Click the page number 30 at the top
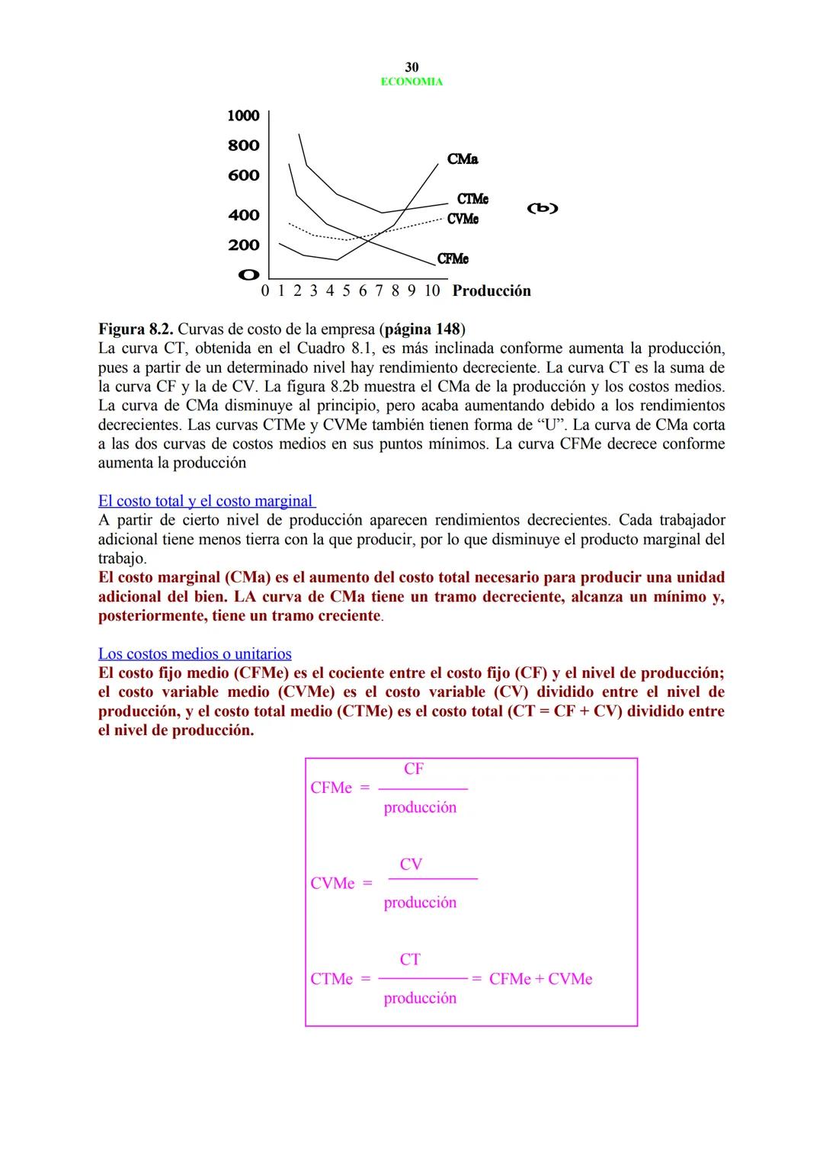coord(411,67)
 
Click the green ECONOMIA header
coord(411,82)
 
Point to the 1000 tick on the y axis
coord(243,116)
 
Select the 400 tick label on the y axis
coord(243,215)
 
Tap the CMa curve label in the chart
coord(463,159)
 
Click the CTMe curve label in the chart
coord(472,199)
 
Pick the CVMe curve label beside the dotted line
coord(463,219)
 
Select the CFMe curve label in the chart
coord(453,259)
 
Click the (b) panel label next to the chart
coord(543,208)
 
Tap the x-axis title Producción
coord(492,290)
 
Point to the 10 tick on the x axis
coord(432,290)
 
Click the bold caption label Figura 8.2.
coord(136,329)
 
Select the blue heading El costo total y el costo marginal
coord(206,501)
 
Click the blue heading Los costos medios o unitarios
coord(194,654)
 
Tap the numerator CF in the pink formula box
coord(414,769)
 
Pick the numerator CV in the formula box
coord(411,865)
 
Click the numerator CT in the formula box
coord(410,960)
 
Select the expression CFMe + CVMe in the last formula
coord(540,979)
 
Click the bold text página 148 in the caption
coord(423,329)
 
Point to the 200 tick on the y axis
coord(243,246)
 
